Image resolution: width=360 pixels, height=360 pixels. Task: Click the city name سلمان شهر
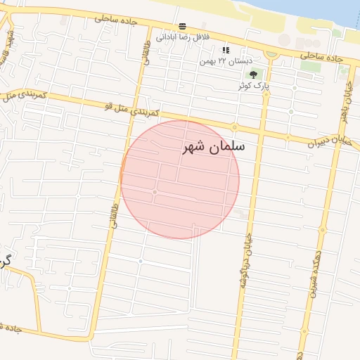tap(213, 147)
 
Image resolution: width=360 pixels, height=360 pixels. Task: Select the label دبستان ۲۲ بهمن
tap(226, 61)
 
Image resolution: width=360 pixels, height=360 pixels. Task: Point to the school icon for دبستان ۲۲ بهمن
tap(226, 50)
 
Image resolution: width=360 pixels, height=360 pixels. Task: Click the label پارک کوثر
tap(254, 86)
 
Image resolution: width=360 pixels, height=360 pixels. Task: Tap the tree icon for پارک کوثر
tap(253, 75)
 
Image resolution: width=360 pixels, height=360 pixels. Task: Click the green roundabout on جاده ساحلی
tap(271, 53)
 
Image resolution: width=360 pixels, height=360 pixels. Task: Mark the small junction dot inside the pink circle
tap(155, 191)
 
